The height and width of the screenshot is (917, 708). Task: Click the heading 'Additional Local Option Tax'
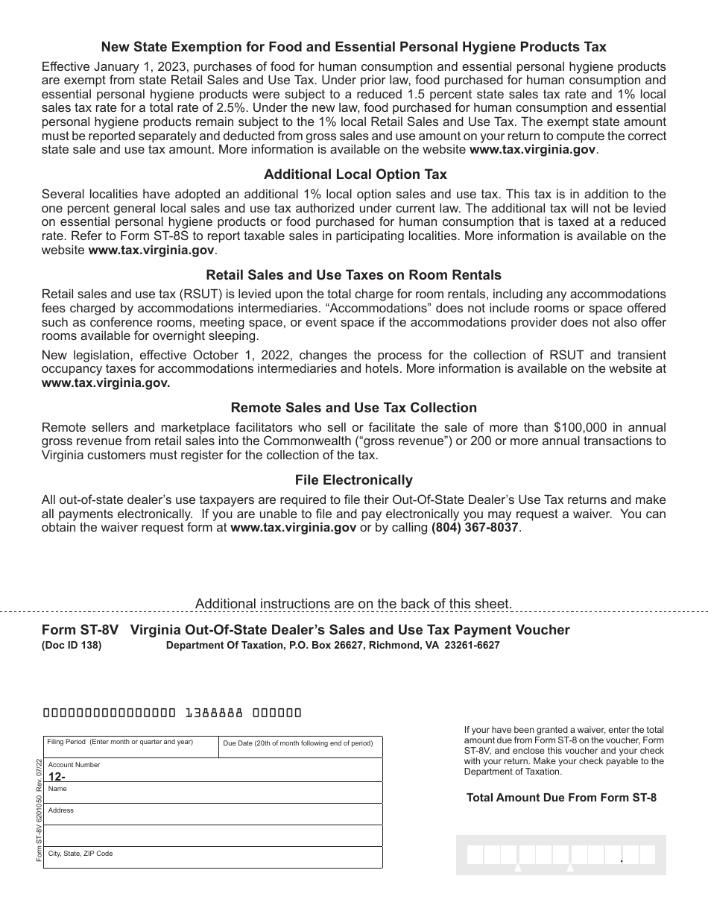(355, 174)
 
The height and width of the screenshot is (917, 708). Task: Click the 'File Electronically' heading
(353, 480)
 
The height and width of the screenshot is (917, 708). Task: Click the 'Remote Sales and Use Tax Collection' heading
(353, 408)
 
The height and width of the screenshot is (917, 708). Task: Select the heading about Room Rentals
(353, 275)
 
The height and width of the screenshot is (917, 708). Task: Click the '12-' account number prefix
(57, 776)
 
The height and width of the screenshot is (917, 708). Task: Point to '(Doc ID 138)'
(72, 646)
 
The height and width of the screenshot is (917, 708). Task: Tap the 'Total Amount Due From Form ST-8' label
(561, 798)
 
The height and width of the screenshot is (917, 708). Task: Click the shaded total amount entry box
(560, 854)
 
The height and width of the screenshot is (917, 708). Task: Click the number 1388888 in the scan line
(214, 712)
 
